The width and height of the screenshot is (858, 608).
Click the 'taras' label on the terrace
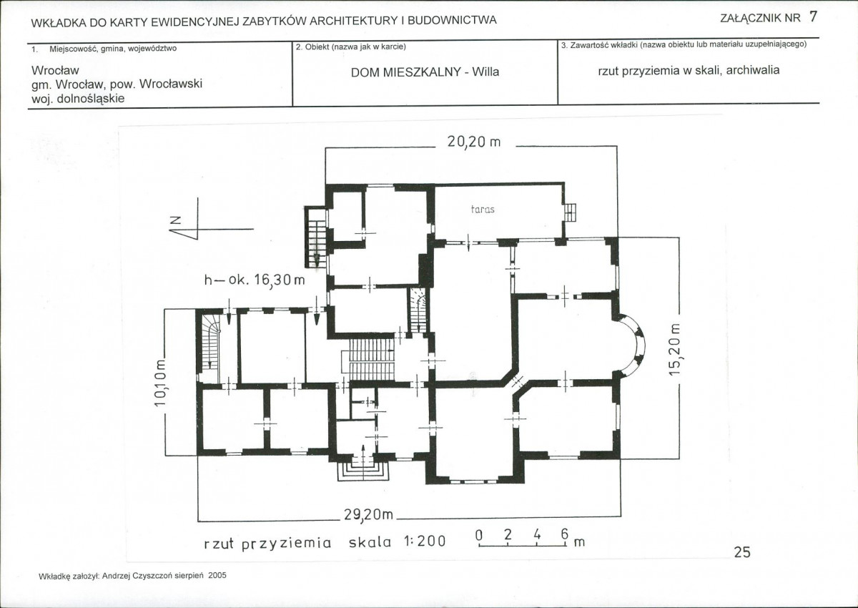pyautogui.click(x=483, y=209)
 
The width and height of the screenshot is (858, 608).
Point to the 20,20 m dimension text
pyautogui.click(x=474, y=142)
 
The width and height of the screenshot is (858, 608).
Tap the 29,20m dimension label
pyautogui.click(x=368, y=514)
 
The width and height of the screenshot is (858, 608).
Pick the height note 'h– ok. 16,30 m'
pyautogui.click(x=255, y=280)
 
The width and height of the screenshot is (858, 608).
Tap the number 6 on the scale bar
pyautogui.click(x=565, y=534)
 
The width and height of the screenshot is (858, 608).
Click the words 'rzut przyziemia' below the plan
pyautogui.click(x=267, y=543)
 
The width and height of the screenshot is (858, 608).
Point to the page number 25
pyautogui.click(x=742, y=552)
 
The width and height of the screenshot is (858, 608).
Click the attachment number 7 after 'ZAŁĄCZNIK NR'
pyautogui.click(x=813, y=17)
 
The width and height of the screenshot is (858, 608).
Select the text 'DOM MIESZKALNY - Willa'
pyautogui.click(x=425, y=72)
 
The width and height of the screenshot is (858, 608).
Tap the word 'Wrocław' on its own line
pyautogui.click(x=55, y=71)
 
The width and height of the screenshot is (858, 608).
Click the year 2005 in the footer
pyautogui.click(x=217, y=575)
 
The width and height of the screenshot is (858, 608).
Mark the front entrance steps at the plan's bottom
pyautogui.click(x=363, y=471)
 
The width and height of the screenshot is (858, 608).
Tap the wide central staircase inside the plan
pyautogui.click(x=368, y=359)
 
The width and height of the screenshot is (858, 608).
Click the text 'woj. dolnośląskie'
pyautogui.click(x=78, y=99)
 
